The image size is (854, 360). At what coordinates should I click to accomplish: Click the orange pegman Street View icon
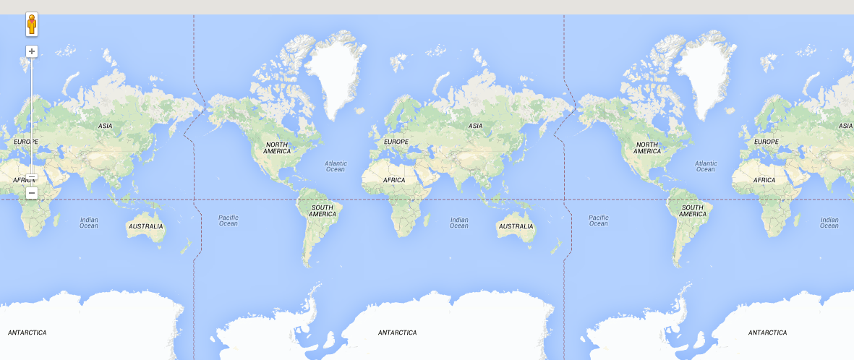[x=32, y=25]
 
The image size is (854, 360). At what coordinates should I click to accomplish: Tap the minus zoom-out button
[x=32, y=193]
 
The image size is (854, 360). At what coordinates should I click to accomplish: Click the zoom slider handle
[x=32, y=177]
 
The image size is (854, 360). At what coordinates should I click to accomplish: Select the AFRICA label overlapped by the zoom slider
[x=23, y=180]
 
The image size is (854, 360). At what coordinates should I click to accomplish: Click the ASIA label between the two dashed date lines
[x=475, y=126]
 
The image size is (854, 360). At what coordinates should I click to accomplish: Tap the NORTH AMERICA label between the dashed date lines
[x=277, y=147]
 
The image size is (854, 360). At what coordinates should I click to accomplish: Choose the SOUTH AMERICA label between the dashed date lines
[x=323, y=211]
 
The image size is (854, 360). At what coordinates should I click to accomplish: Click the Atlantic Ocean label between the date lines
[x=336, y=166]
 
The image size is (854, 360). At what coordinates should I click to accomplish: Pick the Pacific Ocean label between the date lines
[x=229, y=220]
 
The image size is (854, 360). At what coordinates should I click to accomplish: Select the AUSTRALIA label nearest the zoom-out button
[x=145, y=226]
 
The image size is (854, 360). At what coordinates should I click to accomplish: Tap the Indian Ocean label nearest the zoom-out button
[x=89, y=223]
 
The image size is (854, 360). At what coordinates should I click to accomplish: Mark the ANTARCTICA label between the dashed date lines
[x=398, y=333]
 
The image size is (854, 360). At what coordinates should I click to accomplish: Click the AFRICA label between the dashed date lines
[x=394, y=180]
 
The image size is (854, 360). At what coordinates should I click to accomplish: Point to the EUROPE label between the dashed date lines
[x=396, y=142]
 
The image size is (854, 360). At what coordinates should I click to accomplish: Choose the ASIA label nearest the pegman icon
[x=106, y=126]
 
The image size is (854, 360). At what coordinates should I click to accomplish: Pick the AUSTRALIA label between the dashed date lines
[x=516, y=226]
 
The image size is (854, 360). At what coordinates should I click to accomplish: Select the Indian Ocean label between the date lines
[x=459, y=223]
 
